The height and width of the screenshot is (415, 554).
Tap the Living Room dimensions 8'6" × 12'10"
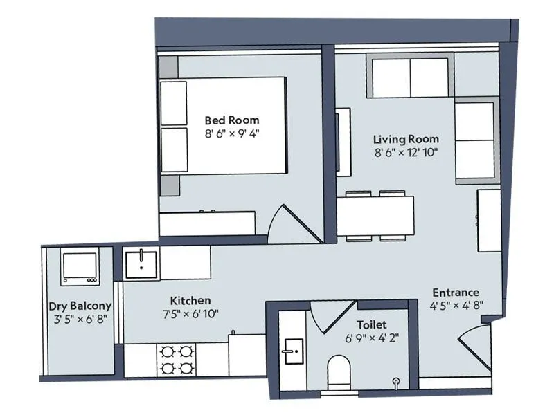point(406,153)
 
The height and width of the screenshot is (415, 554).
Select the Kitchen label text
point(190,301)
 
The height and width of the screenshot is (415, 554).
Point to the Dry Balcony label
point(80,306)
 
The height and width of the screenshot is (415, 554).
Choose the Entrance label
point(455,293)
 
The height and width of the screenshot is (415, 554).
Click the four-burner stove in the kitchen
point(176,360)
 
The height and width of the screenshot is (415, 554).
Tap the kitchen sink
point(141,264)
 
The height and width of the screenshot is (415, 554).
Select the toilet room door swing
point(330,316)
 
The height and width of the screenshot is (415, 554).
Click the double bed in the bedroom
point(223,125)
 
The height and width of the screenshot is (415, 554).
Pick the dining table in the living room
point(375,216)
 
